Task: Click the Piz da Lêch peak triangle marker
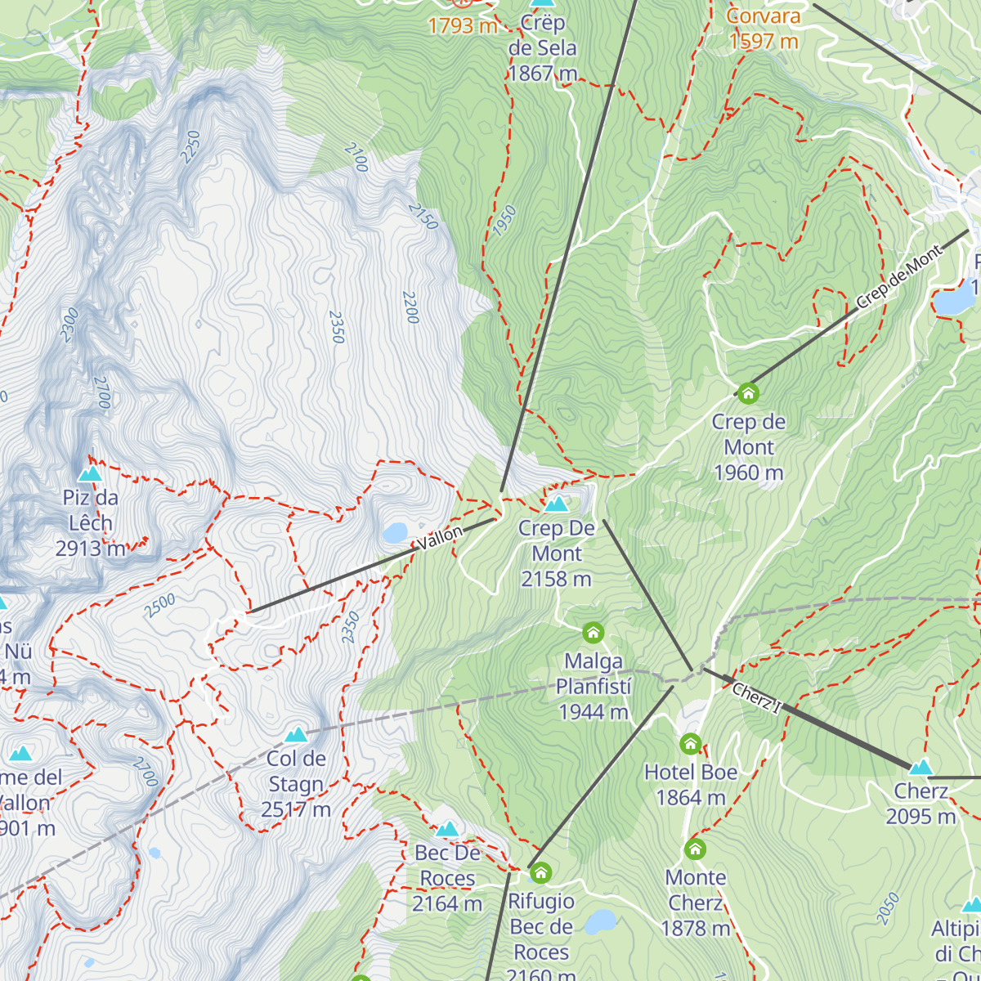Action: point(90,474)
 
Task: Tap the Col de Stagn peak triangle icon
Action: point(296,735)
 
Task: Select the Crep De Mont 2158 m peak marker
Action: point(557,504)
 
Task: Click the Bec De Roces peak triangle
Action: point(447,830)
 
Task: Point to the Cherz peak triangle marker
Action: point(921,767)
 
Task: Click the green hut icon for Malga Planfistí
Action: point(594,633)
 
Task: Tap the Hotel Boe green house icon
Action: point(691,744)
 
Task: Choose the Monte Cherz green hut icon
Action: point(695,849)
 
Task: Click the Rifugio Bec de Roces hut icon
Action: point(540,873)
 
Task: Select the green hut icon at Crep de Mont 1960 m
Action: point(748,393)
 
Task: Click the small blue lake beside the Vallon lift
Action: point(396,534)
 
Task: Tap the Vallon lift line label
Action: point(440,539)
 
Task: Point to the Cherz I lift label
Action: point(756,698)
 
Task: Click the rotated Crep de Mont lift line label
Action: point(898,278)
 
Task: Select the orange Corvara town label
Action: point(763,16)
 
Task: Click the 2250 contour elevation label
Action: point(191,147)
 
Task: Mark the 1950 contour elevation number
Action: point(504,221)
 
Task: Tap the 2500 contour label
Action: point(160,606)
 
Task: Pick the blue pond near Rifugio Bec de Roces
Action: point(601,921)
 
